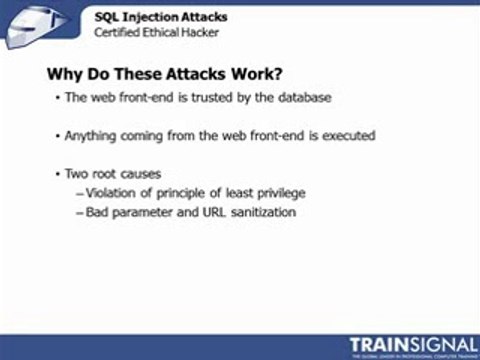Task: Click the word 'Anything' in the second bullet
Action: tap(89, 135)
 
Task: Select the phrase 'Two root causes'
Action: tap(108, 173)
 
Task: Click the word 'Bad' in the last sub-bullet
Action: tap(98, 212)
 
